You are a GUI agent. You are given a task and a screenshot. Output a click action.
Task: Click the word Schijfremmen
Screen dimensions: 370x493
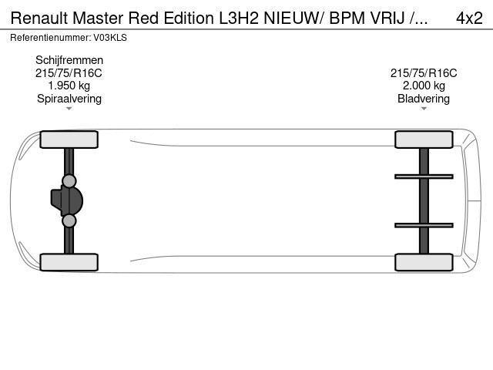tap(69, 60)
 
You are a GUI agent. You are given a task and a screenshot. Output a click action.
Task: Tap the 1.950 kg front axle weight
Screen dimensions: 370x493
tap(69, 86)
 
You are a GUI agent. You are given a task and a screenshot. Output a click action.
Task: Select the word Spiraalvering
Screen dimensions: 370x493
tap(69, 98)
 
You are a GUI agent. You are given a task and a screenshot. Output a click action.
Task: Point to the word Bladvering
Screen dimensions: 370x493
tap(424, 98)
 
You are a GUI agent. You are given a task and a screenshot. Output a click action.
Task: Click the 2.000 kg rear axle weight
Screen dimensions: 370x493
tap(424, 86)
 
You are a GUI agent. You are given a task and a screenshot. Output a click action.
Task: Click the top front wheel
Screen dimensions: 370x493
tap(69, 140)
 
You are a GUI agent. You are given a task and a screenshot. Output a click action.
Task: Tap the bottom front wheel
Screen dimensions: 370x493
tap(69, 262)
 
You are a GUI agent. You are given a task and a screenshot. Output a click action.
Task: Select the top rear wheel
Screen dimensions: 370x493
tap(424, 140)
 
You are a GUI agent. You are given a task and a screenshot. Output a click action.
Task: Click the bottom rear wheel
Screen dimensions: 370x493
tap(424, 262)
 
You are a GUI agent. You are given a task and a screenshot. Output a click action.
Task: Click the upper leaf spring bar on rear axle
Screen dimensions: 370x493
tap(424, 177)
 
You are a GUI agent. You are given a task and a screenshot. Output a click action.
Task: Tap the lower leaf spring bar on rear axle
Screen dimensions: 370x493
tap(424, 225)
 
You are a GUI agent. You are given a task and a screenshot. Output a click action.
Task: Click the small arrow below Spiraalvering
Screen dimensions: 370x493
tap(69, 109)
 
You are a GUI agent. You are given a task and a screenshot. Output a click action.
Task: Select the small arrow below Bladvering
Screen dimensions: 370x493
tap(424, 109)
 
